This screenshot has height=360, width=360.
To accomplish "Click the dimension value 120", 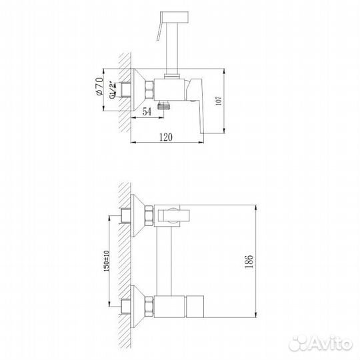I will pos(166,137).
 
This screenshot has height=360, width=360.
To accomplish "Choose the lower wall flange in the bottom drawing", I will pos(141,305).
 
